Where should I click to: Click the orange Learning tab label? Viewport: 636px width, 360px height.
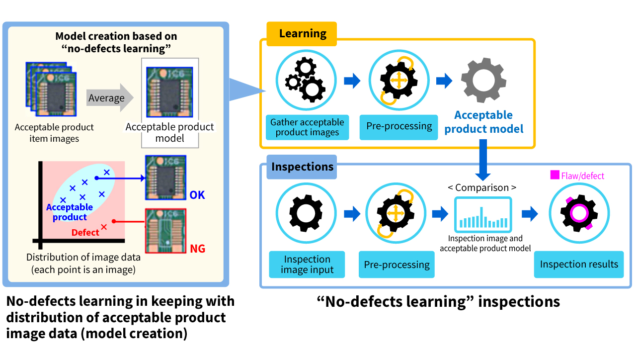[x=302, y=34]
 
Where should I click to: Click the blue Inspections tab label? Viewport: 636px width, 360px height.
[x=302, y=167]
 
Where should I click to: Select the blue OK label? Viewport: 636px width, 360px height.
[x=197, y=195]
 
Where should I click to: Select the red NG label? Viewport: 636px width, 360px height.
[x=197, y=249]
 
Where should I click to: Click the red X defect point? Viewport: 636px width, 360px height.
[x=104, y=227]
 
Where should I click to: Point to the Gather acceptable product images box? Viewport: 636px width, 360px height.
[x=307, y=127]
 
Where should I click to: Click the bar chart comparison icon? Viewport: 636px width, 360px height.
[x=482, y=214]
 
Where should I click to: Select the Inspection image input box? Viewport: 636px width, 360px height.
[x=307, y=265]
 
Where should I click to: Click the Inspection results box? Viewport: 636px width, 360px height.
[x=579, y=265]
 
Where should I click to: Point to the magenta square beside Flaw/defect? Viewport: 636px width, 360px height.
[x=555, y=175]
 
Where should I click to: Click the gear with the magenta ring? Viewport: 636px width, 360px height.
[x=578, y=214]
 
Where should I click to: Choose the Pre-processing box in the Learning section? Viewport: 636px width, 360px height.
[x=399, y=126]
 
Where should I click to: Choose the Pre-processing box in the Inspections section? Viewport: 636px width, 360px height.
[x=397, y=265]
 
